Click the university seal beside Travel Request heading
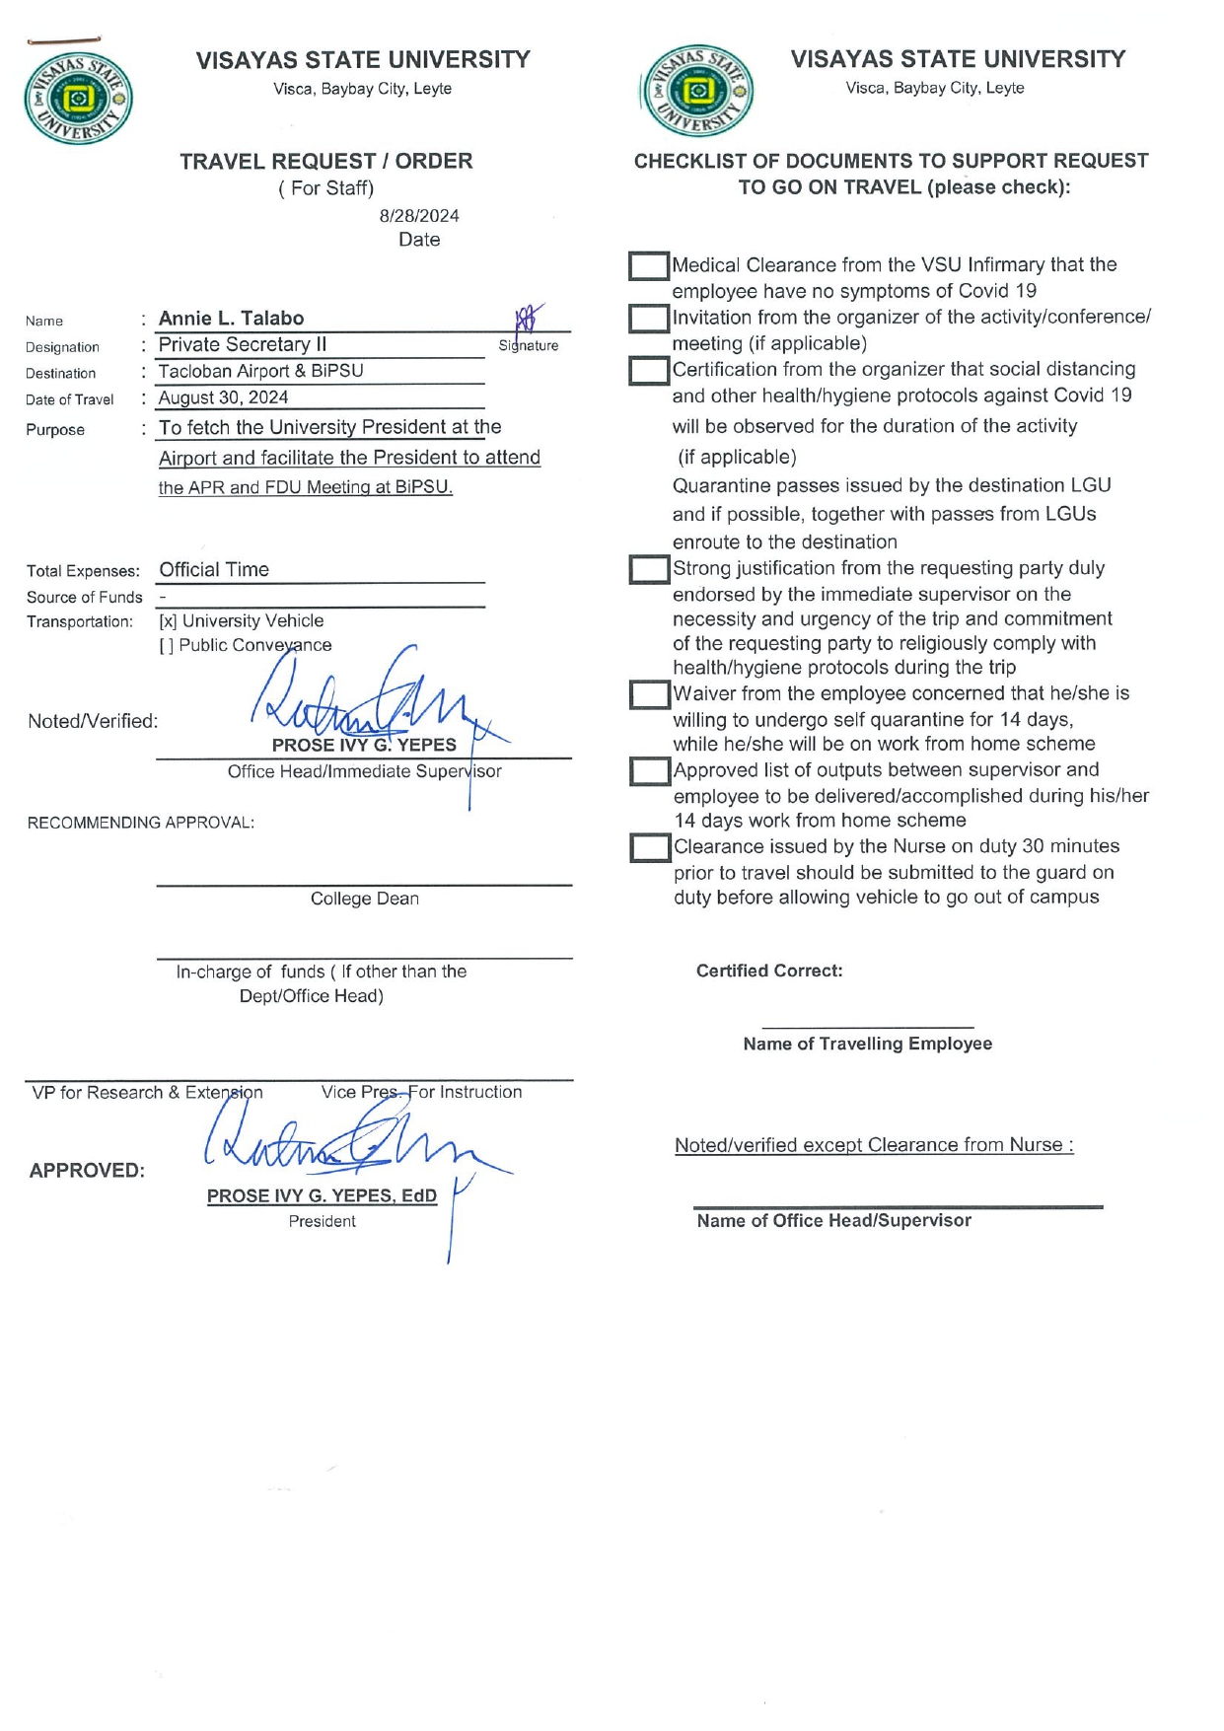pos(78,99)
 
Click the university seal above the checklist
pos(698,91)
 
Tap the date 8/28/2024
pos(419,216)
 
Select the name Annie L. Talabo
pos(231,319)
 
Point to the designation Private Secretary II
pos(243,344)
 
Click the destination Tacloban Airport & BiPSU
pos(261,371)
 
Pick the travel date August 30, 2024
pos(224,397)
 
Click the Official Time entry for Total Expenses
pos(214,570)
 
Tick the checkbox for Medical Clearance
pos(649,266)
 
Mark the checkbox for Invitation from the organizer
pos(649,319)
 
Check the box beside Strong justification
pos(649,570)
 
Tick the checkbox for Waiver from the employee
pos(649,694)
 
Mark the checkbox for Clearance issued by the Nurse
pos(649,848)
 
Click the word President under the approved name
pos(322,1221)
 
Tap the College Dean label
pos(365,899)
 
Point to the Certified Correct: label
pos(769,971)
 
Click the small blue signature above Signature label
pos(528,318)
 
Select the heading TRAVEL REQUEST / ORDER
pos(325,161)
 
